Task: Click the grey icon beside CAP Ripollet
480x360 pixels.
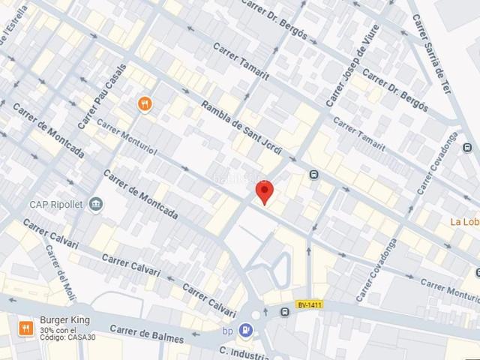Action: click(95, 204)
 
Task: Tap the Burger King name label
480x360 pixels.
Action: click(64, 320)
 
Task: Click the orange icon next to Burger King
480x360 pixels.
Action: click(25, 328)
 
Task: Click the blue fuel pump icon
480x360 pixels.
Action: click(245, 329)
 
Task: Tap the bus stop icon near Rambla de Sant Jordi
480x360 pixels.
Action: click(313, 175)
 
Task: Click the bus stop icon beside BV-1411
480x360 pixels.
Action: click(285, 312)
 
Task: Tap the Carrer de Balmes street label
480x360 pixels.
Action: click(146, 334)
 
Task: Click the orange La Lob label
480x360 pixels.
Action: click(464, 221)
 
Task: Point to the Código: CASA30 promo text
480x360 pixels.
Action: click(68, 338)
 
